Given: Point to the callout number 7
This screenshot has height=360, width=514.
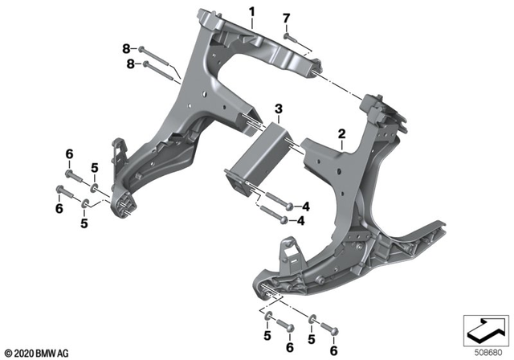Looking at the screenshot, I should click(286, 17).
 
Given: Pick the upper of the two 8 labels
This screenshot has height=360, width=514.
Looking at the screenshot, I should click(125, 49).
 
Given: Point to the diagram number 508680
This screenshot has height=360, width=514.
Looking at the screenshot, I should click(483, 350).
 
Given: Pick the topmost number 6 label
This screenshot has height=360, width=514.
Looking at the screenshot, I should click(69, 153).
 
